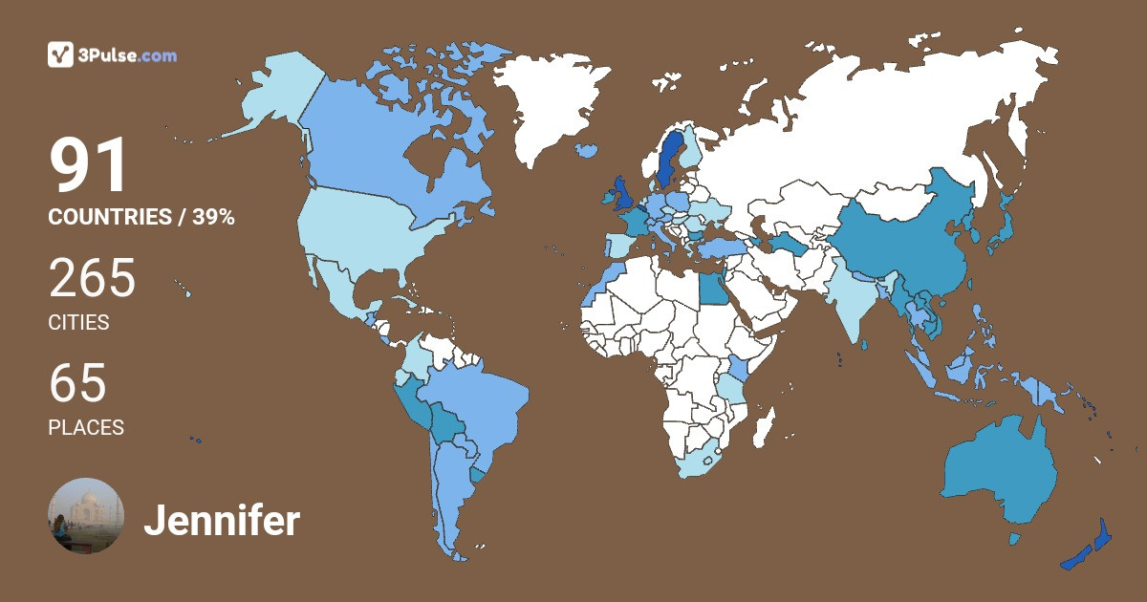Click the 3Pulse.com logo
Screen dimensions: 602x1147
[112, 55]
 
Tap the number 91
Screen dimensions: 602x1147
[89, 166]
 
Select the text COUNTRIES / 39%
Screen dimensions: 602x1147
[141, 217]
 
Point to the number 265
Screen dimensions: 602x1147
[93, 280]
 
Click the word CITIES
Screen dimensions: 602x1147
[78, 323]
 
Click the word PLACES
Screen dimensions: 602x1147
[86, 428]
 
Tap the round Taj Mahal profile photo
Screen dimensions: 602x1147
[86, 516]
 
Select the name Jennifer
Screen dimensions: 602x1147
[222, 522]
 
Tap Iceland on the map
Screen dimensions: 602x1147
[587, 150]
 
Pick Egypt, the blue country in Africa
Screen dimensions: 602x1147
[711, 288]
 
